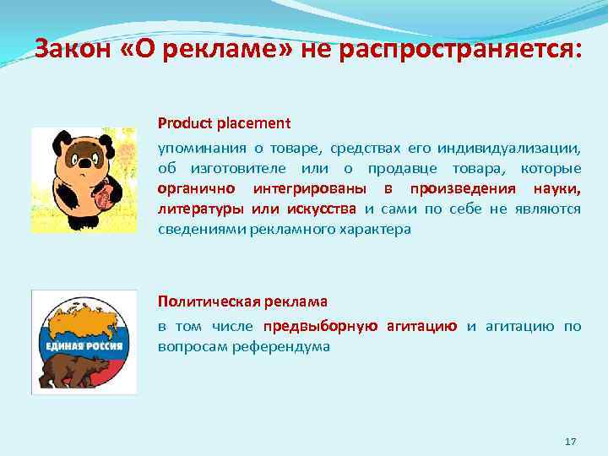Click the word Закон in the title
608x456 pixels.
73,49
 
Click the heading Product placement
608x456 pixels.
224,123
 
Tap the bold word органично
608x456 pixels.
198,187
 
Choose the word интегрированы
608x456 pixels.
309,187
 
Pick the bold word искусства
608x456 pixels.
324,208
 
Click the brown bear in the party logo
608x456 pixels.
79,367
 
